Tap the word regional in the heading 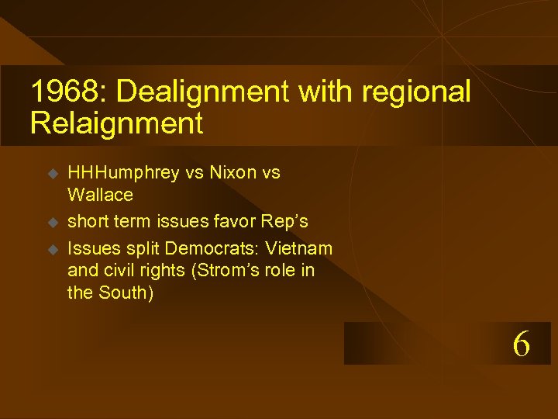click(x=416, y=92)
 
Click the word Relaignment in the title click(x=116, y=123)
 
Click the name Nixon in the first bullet click(x=230, y=173)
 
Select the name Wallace click(x=100, y=194)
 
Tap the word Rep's click(x=284, y=222)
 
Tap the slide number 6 click(x=522, y=344)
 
